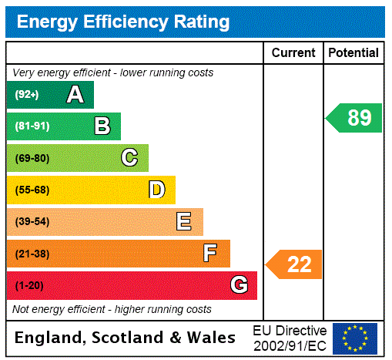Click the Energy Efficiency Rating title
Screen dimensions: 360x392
pos(123,22)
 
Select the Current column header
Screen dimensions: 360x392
pos(293,53)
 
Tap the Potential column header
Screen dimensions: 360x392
pos(353,53)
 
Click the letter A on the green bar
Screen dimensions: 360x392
pos(75,95)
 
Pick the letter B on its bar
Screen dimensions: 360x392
pos(102,126)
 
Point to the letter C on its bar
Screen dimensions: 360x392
pos(129,158)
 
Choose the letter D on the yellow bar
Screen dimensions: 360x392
pos(157,190)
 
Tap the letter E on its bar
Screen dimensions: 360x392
pos(184,222)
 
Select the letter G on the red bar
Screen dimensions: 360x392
pos(239,286)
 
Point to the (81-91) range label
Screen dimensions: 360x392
pos(32,126)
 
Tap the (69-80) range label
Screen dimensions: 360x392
pos(32,158)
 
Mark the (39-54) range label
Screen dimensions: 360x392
pos(32,222)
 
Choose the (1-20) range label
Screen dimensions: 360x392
pos(29,286)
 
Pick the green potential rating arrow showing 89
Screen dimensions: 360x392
pos(355,118)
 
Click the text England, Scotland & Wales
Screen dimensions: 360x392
pos(126,338)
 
